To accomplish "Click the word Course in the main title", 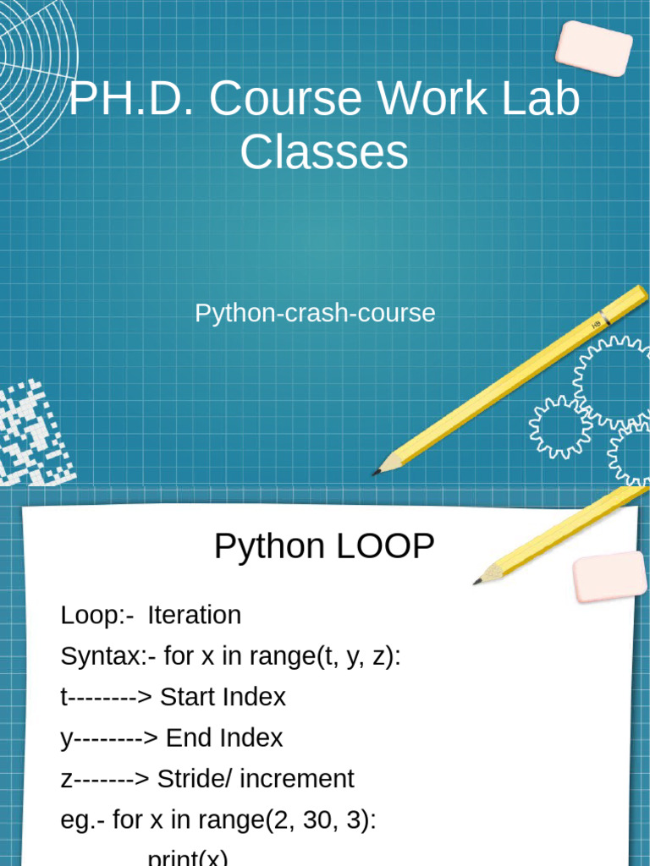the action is click(286, 98).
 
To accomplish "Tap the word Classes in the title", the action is click(324, 152).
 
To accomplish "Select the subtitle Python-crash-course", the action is click(315, 313).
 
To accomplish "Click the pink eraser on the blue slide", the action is click(594, 48).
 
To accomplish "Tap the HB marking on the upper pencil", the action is click(597, 325).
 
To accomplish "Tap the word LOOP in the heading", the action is click(385, 546).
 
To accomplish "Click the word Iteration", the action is click(195, 616).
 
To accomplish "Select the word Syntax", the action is click(102, 657).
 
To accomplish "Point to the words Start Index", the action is click(223, 697).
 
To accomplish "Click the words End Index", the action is click(224, 737).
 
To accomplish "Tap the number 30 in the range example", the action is click(317, 819).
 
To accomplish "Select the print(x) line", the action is click(188, 858).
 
